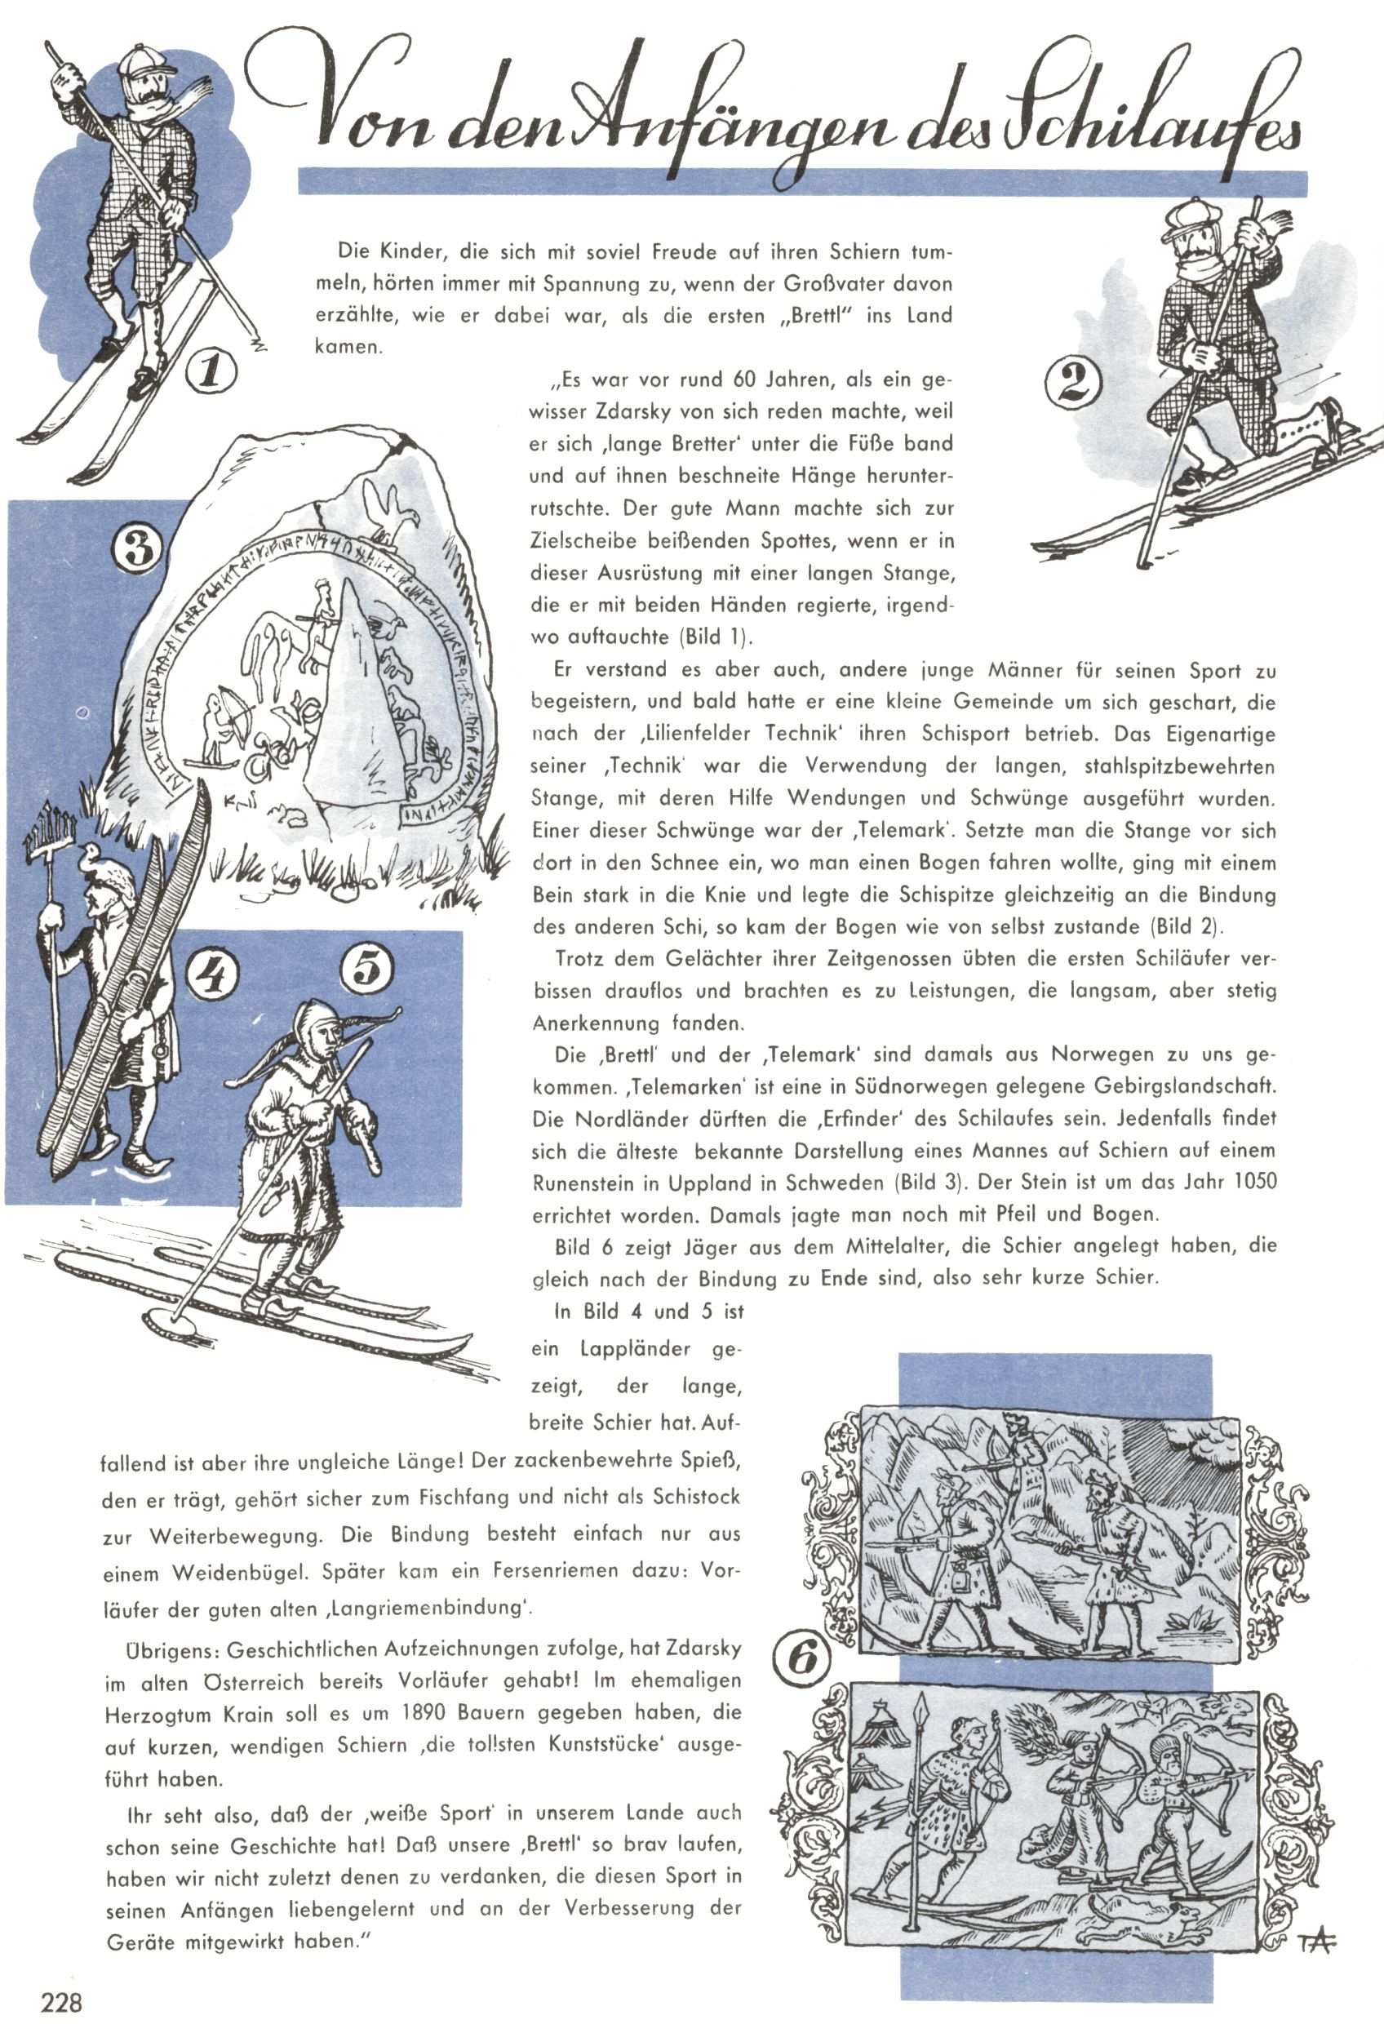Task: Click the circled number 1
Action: tap(211, 372)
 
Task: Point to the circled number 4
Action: tap(212, 977)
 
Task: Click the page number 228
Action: tap(61, 2001)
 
